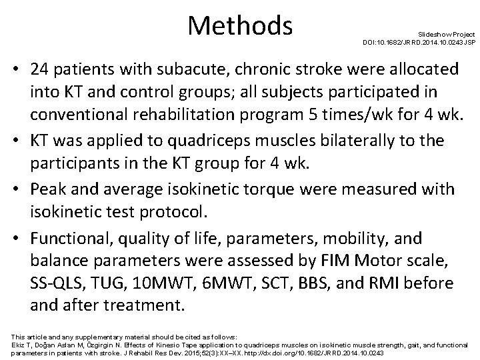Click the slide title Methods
(241, 25)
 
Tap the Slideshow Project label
(446, 33)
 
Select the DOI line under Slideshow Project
(419, 42)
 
